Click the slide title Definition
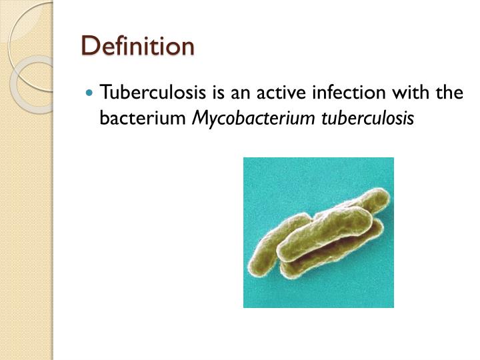(x=137, y=46)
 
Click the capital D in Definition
(x=88, y=46)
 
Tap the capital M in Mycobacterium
(x=199, y=118)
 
